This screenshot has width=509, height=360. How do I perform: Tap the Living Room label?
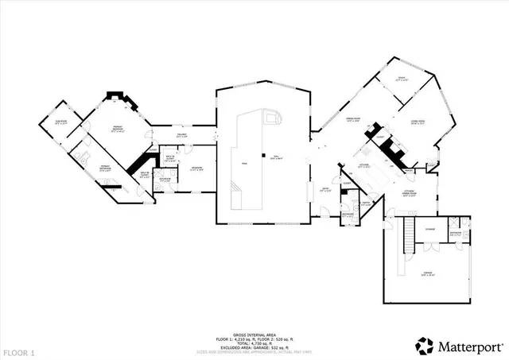click(x=418, y=122)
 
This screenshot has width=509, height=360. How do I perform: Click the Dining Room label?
click(x=352, y=119)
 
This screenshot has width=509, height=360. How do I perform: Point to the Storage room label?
click(x=430, y=230)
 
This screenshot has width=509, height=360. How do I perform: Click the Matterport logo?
click(x=459, y=344)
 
